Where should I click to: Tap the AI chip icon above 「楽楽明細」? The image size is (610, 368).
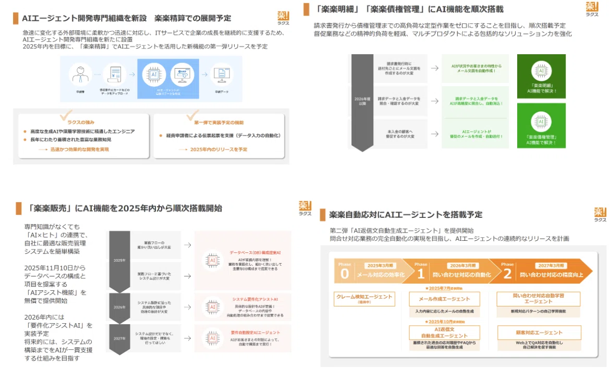click(x=541, y=71)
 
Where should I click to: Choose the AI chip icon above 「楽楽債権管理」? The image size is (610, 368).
click(x=541, y=122)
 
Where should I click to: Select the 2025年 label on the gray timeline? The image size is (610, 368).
click(x=119, y=260)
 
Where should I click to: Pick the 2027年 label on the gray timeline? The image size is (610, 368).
click(x=119, y=339)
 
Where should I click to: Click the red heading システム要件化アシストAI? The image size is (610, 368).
click(x=254, y=300)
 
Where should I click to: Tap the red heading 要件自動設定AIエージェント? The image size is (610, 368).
click(x=255, y=332)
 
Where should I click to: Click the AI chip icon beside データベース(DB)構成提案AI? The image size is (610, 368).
click(x=212, y=260)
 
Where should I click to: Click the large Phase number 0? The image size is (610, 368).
click(x=344, y=274)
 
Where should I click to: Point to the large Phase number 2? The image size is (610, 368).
click(x=507, y=274)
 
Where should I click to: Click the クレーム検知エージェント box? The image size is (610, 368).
click(x=364, y=299)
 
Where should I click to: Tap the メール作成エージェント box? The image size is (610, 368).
click(x=444, y=299)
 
